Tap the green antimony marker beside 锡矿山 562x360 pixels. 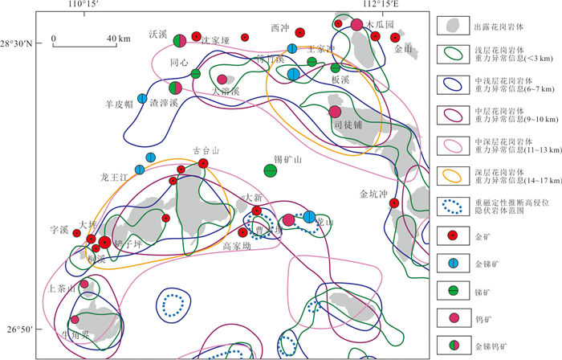pyautogui.click(x=271, y=170)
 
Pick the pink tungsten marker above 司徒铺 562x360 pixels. pyautogui.click(x=335, y=112)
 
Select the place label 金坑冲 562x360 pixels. pyautogui.click(x=373, y=194)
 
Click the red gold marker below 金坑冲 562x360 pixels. pyautogui.click(x=393, y=203)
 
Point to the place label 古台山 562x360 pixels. pyautogui.click(x=207, y=149)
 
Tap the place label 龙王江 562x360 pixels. pyautogui.click(x=115, y=176)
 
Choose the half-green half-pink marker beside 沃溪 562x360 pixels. pyautogui.click(x=180, y=40)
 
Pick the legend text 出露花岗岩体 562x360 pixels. pyautogui.click(x=499, y=24)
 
